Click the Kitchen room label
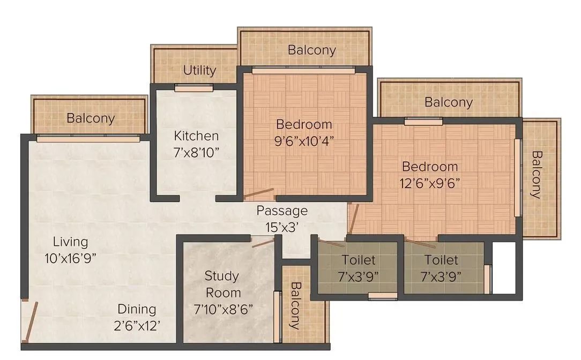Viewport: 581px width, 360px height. (x=196, y=136)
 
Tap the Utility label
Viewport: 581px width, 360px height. (x=199, y=70)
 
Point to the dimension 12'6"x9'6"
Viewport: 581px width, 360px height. (x=430, y=183)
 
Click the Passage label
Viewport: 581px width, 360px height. (x=281, y=210)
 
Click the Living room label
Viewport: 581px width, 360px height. (x=66, y=242)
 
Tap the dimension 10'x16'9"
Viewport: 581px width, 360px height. (x=70, y=258)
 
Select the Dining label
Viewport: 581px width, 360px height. (x=137, y=309)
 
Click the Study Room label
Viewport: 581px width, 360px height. (x=222, y=284)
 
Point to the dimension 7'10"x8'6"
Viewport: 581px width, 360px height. (x=223, y=309)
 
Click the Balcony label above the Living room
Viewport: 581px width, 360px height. (x=91, y=118)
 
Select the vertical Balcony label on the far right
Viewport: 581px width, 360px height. (x=536, y=175)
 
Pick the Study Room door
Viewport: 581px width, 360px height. (x=263, y=242)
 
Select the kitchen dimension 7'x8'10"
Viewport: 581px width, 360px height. (x=196, y=153)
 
